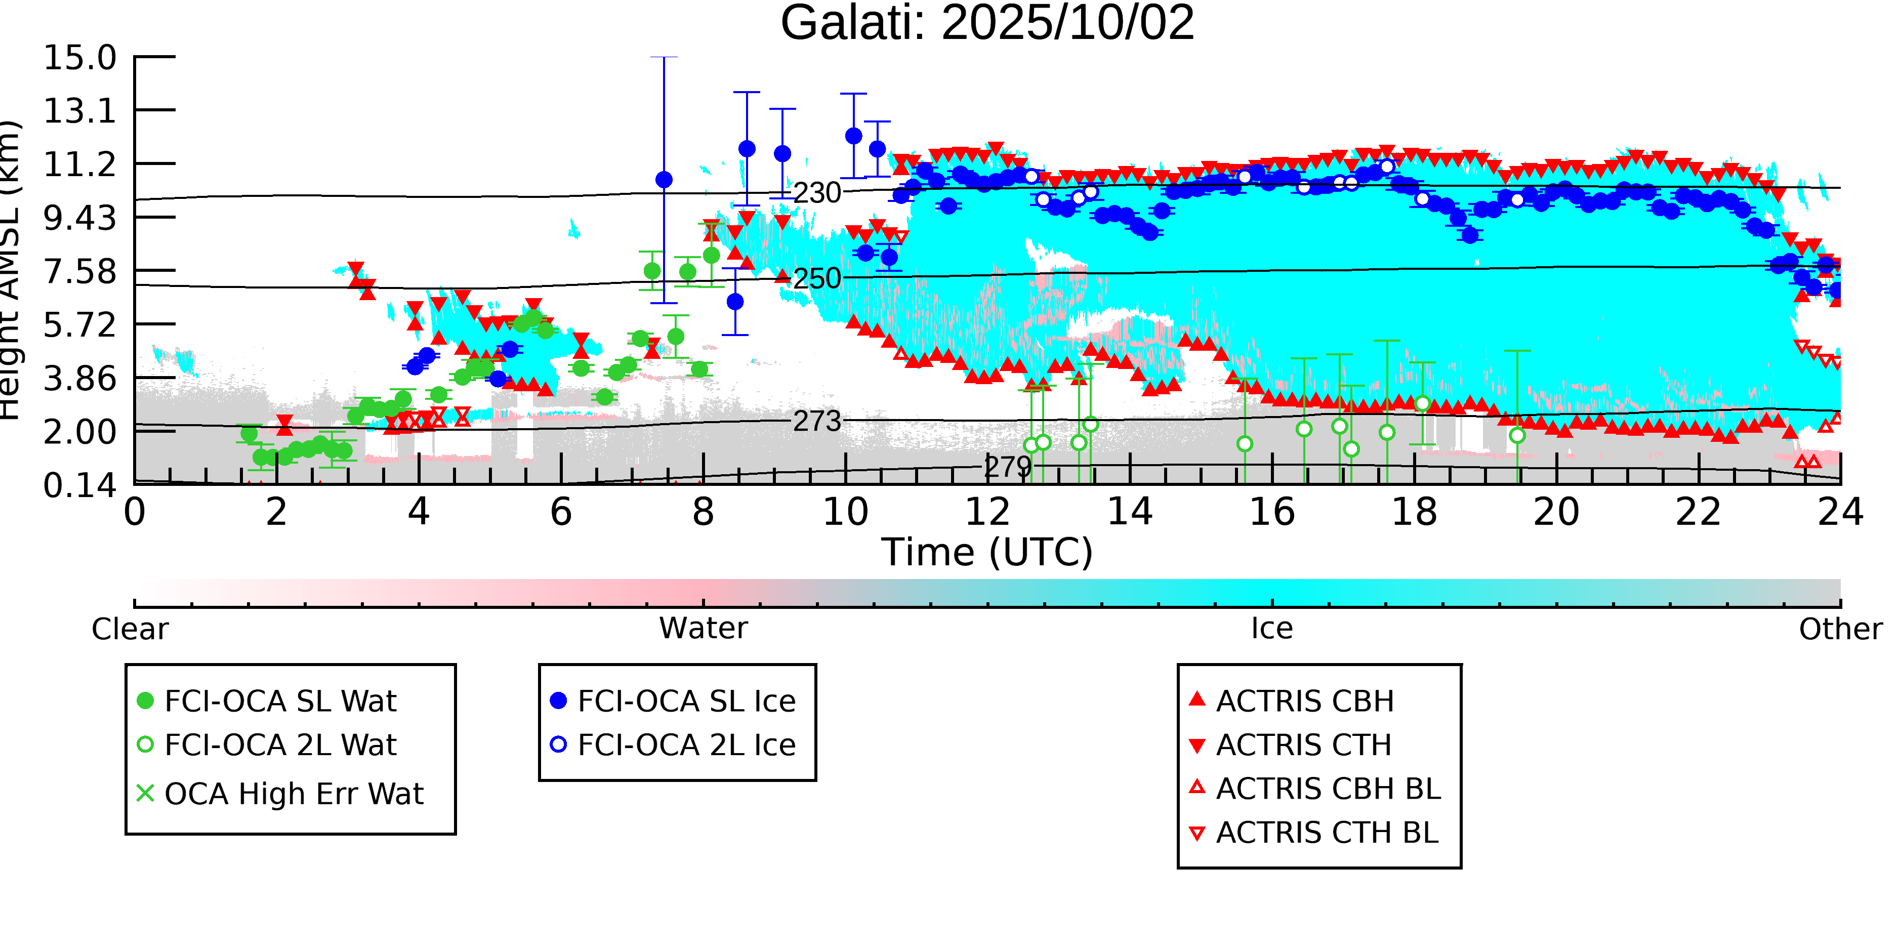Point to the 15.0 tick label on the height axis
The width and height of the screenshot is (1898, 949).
point(79,58)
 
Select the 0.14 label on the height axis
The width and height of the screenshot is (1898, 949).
point(79,485)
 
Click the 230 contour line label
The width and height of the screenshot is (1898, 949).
point(816,193)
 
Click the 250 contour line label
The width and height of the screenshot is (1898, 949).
point(816,278)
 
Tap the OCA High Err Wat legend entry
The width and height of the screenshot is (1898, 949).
point(293,794)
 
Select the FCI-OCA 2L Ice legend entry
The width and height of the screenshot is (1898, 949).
point(686,745)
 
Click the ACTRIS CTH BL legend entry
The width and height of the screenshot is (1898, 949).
point(1326,833)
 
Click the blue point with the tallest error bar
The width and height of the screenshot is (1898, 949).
point(664,180)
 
